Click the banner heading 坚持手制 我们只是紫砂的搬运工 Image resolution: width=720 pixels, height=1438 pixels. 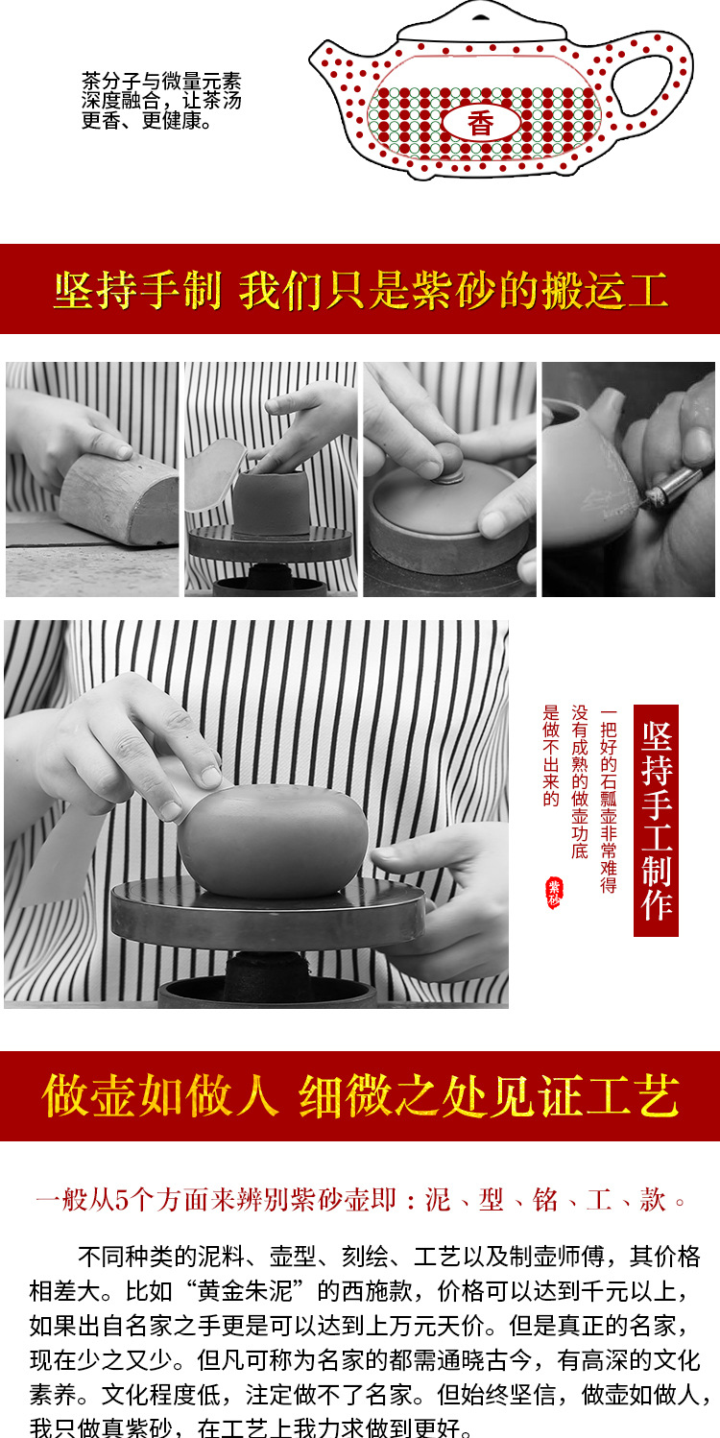point(360,290)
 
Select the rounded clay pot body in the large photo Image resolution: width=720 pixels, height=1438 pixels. point(274,840)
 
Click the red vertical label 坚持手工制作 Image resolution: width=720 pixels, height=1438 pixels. point(656,820)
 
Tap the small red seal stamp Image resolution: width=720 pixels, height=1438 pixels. point(553,893)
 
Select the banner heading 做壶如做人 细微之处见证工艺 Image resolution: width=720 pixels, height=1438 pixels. point(360,1097)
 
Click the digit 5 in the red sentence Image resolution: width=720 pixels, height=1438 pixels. point(121,1199)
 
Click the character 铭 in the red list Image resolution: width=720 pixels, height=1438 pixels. point(543,1199)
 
